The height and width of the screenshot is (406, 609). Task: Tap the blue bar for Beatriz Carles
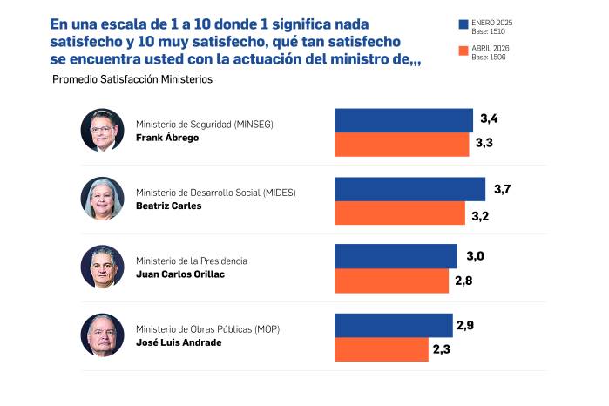(410, 189)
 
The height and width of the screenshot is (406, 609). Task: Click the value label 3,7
(502, 189)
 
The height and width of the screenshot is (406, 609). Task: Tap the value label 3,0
(475, 255)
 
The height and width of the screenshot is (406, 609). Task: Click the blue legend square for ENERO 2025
(463, 24)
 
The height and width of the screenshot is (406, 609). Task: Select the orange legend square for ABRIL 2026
(463, 51)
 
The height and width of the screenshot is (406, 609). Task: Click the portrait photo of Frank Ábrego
(103, 131)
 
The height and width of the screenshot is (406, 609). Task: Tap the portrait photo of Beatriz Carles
(103, 199)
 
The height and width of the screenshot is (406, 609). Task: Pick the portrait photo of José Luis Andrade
(103, 335)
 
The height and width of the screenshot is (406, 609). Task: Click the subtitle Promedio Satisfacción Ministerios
(132, 79)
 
